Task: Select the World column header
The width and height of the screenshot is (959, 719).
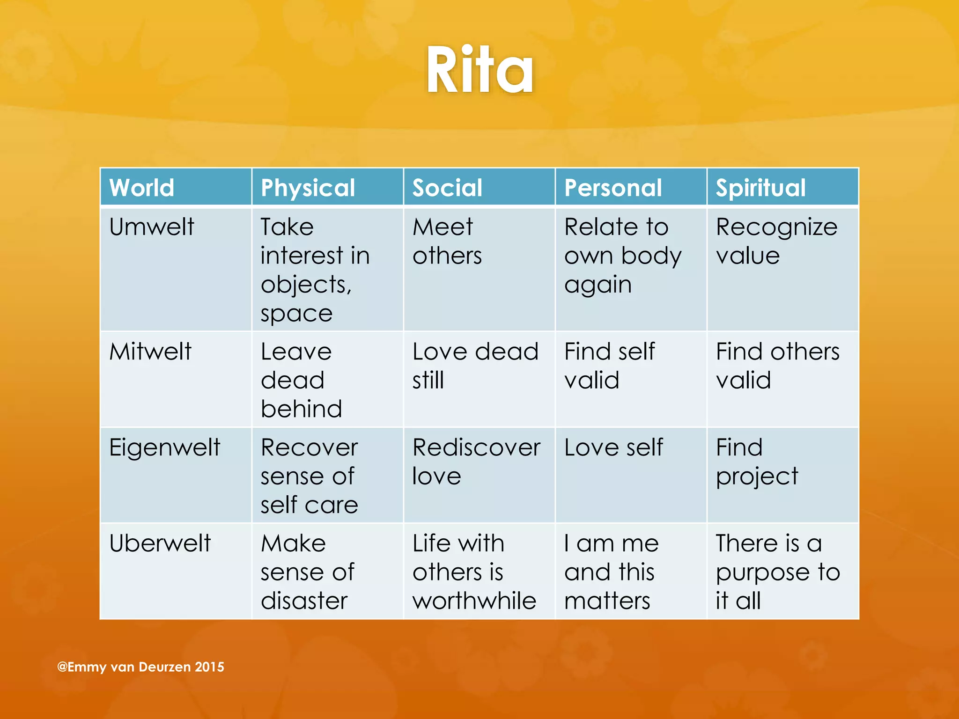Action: tap(141, 188)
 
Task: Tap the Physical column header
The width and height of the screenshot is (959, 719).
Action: tap(308, 188)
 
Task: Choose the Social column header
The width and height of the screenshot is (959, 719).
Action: tap(447, 188)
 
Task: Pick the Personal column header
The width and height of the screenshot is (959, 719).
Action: tap(613, 188)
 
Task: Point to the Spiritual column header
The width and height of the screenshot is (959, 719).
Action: tap(760, 188)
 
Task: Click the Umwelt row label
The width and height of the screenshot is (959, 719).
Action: tap(151, 227)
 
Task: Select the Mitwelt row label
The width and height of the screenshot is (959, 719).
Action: tap(150, 352)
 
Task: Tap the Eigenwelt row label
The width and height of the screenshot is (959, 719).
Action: tap(164, 448)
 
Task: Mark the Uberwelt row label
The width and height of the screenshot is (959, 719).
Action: tap(160, 543)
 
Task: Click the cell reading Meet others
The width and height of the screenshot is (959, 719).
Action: tap(447, 242)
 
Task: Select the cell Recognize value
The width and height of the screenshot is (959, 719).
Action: tap(776, 242)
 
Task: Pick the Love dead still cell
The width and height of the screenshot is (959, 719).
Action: tap(475, 366)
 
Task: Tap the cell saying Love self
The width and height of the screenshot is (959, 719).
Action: tap(613, 448)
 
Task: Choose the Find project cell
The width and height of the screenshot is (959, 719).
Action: tap(757, 462)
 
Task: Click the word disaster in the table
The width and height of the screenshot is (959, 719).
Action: tap(304, 601)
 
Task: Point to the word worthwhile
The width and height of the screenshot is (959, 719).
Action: tap(474, 601)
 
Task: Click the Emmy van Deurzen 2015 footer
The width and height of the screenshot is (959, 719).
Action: tap(140, 667)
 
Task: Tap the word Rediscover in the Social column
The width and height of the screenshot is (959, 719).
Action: tap(476, 448)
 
